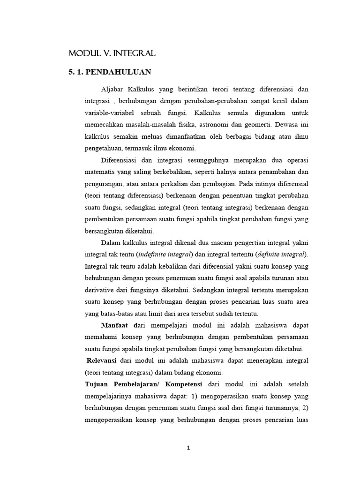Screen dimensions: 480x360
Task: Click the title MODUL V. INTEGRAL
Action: tap(112, 54)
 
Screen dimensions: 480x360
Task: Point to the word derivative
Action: tap(101, 289)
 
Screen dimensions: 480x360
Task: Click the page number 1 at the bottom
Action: tap(188, 448)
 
